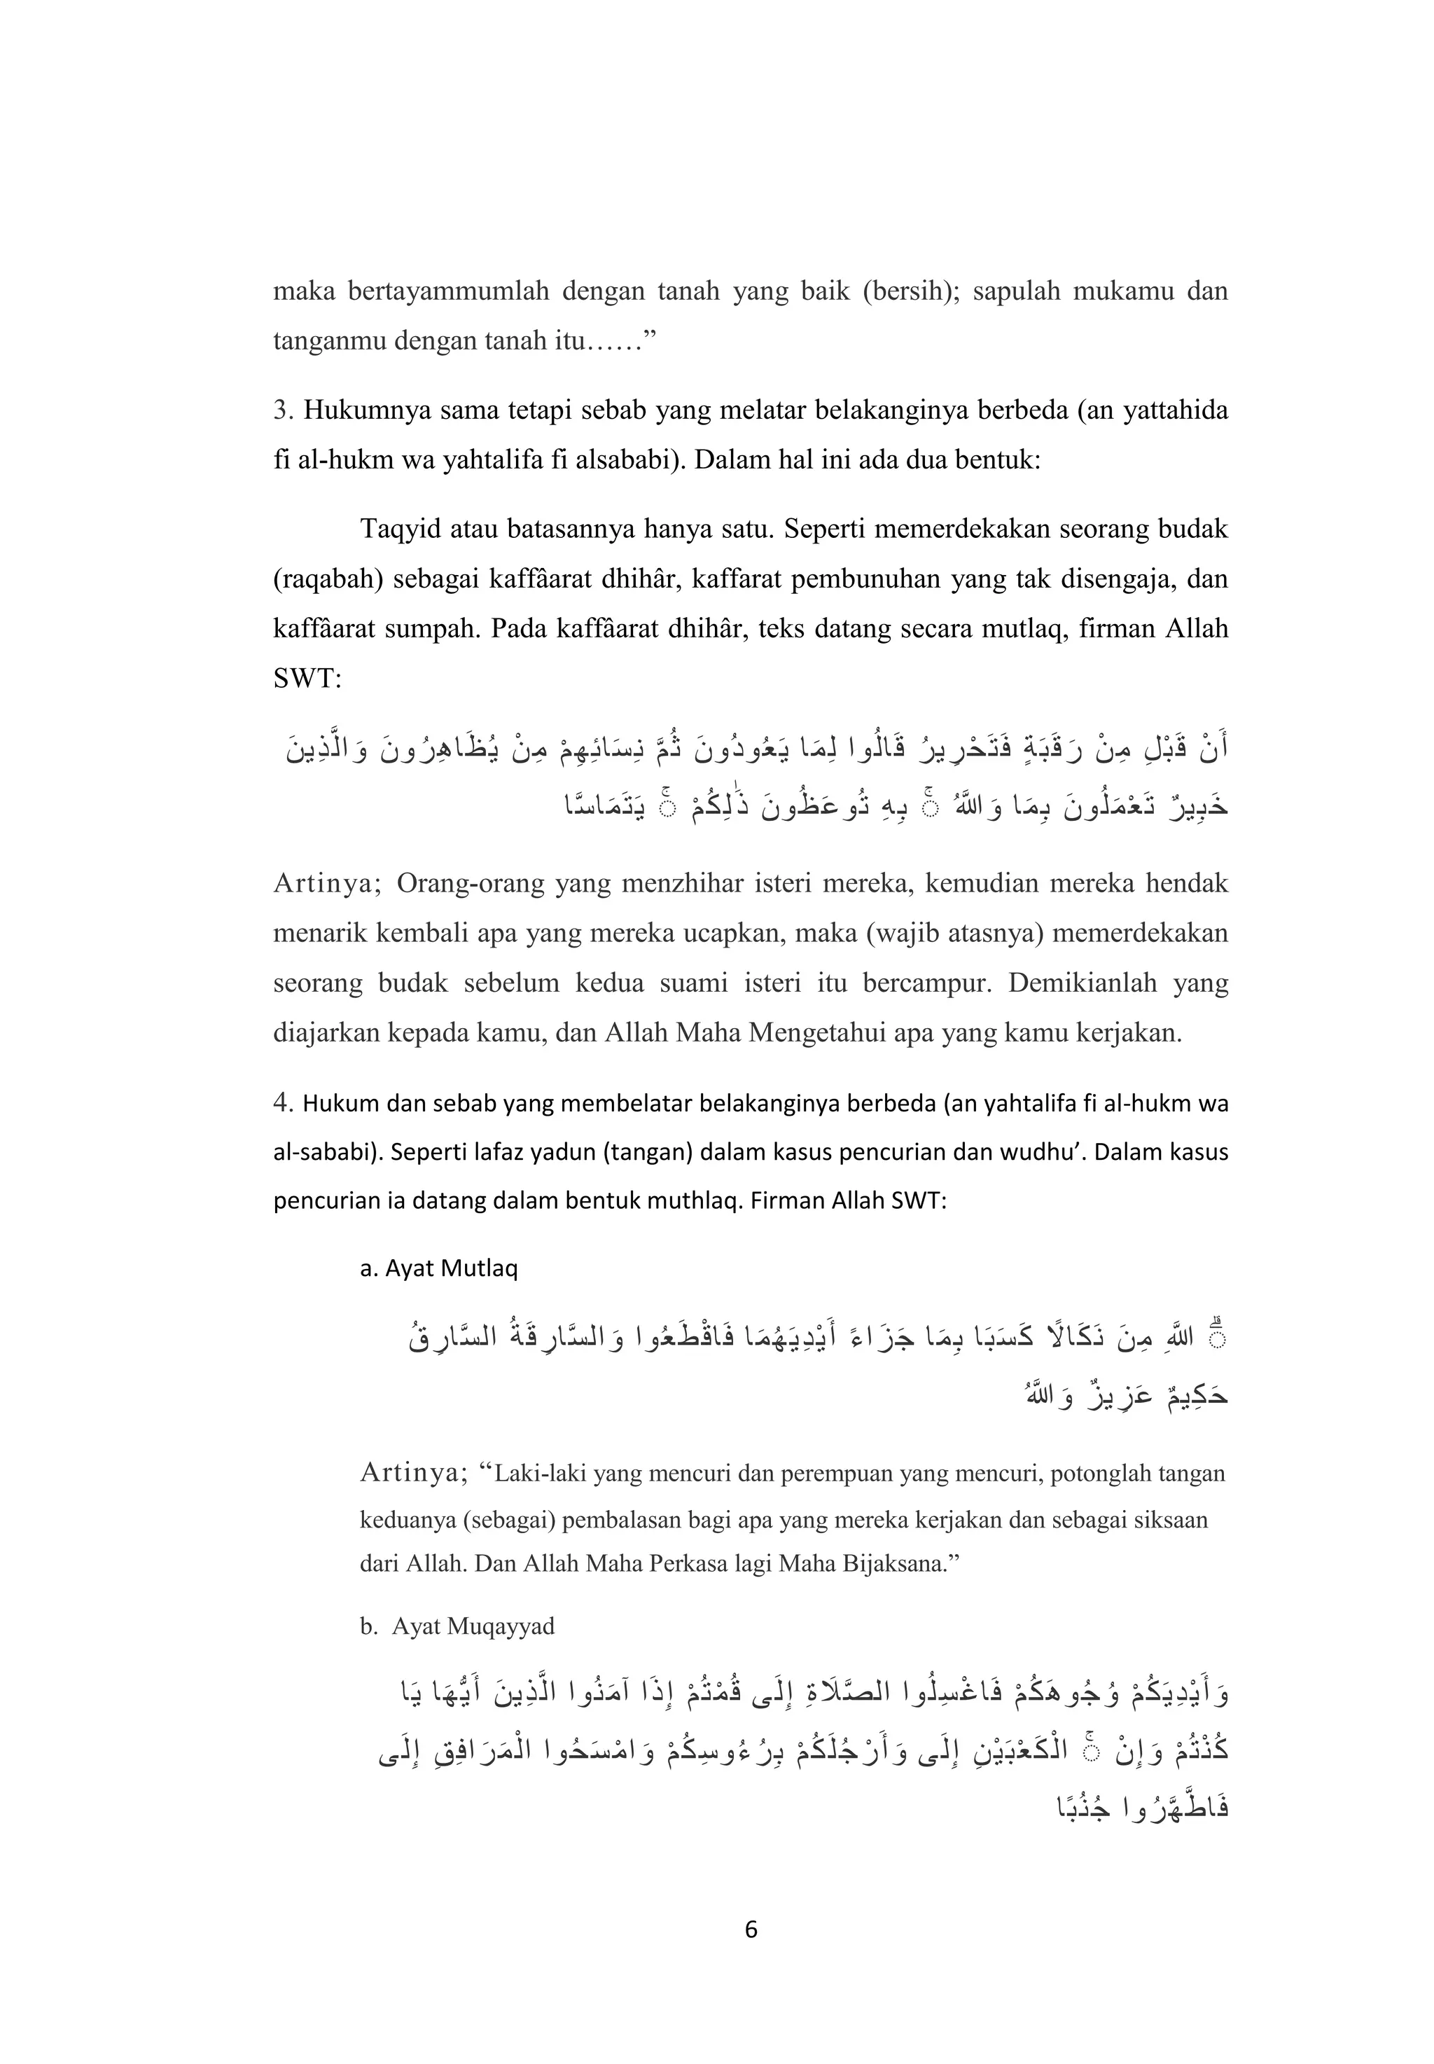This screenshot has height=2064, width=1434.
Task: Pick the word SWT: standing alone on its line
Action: (307, 679)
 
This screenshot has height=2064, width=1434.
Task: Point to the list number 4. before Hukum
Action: (284, 1103)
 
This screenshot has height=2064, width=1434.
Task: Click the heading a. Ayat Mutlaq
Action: (438, 1269)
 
